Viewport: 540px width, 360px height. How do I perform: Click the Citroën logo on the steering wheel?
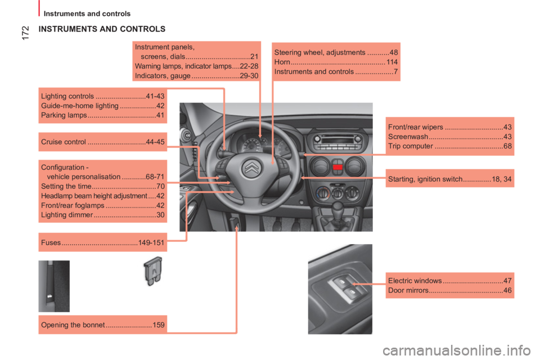click(x=252, y=168)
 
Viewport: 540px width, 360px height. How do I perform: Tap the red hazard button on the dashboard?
click(x=337, y=167)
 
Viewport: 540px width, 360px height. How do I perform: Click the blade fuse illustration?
click(x=153, y=271)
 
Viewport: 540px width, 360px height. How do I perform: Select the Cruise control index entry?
click(x=102, y=142)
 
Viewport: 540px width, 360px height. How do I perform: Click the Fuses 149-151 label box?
click(x=102, y=242)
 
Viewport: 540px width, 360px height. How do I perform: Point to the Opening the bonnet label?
click(x=102, y=325)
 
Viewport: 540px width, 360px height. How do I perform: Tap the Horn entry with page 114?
click(x=336, y=62)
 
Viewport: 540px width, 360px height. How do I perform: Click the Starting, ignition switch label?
click(x=450, y=179)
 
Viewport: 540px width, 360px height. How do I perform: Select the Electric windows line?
click(x=450, y=281)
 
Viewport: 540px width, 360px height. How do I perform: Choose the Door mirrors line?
click(x=450, y=290)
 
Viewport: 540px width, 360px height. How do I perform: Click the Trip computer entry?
click(x=450, y=146)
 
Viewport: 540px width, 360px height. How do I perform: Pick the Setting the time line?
click(x=102, y=186)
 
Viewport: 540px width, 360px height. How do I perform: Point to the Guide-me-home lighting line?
click(x=102, y=106)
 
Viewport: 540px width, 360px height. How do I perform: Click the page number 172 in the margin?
click(x=25, y=33)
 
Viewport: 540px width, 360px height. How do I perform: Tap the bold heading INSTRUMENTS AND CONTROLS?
click(x=102, y=29)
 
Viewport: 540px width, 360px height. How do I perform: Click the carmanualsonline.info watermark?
click(x=457, y=350)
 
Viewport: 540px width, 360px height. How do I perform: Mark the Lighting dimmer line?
click(x=102, y=215)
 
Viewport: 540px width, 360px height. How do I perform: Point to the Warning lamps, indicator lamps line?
click(x=197, y=66)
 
